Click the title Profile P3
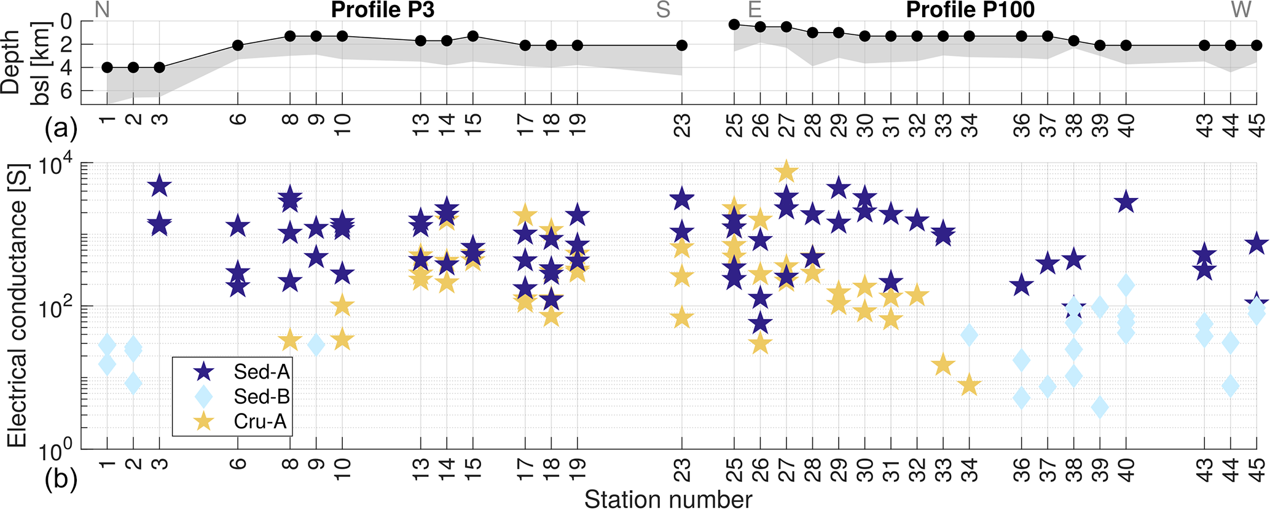[x=382, y=10]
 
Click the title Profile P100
[x=970, y=10]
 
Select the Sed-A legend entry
[x=261, y=372]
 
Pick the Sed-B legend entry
[x=261, y=397]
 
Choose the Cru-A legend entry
[x=260, y=422]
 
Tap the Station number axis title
[x=668, y=500]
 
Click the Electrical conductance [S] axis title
[x=17, y=305]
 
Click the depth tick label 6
[x=66, y=91]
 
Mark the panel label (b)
[x=61, y=481]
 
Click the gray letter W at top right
[x=1242, y=10]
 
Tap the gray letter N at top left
[x=102, y=10]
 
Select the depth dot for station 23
[x=682, y=45]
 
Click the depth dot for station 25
[x=734, y=25]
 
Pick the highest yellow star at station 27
[x=786, y=172]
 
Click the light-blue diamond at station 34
[x=970, y=335]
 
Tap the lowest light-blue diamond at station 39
[x=1100, y=407]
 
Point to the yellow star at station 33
[x=943, y=365]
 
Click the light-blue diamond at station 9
[x=316, y=345]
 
